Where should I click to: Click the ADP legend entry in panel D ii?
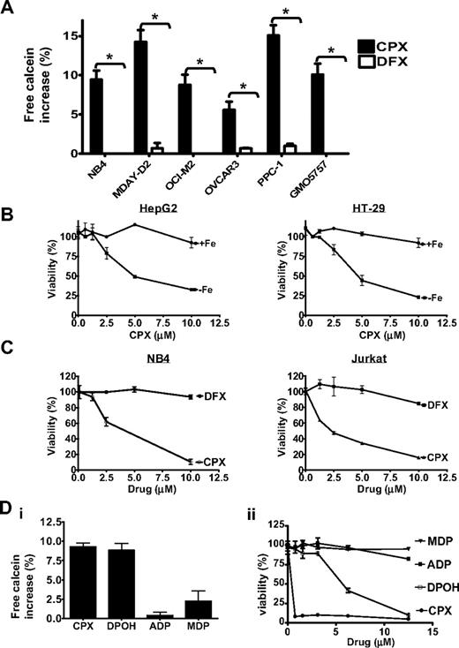tap(433, 561)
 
